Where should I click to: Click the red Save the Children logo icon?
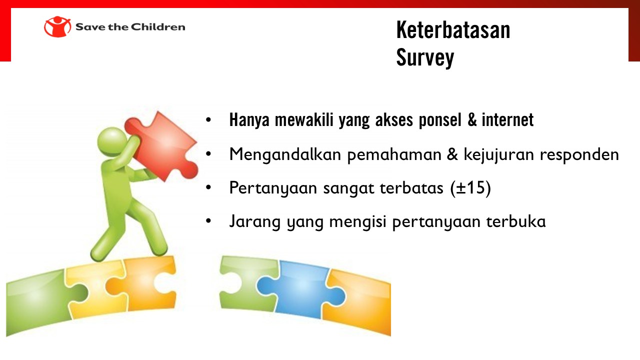click(x=57, y=26)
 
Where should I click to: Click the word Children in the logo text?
click(x=158, y=27)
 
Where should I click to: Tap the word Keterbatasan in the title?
click(x=453, y=30)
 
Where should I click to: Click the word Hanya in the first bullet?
click(x=249, y=120)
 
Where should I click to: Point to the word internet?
click(x=507, y=119)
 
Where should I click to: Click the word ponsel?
click(x=440, y=120)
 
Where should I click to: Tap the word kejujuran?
click(x=499, y=155)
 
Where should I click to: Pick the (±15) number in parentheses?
click(x=470, y=188)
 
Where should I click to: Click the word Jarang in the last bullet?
click(x=255, y=221)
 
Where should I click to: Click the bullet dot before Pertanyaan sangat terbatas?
click(x=208, y=187)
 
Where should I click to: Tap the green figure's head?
click(x=112, y=141)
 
